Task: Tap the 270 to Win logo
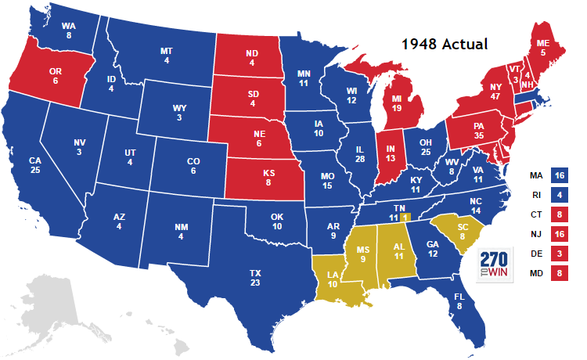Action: point(495,266)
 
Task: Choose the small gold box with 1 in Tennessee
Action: point(405,217)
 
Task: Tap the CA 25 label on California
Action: point(35,167)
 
